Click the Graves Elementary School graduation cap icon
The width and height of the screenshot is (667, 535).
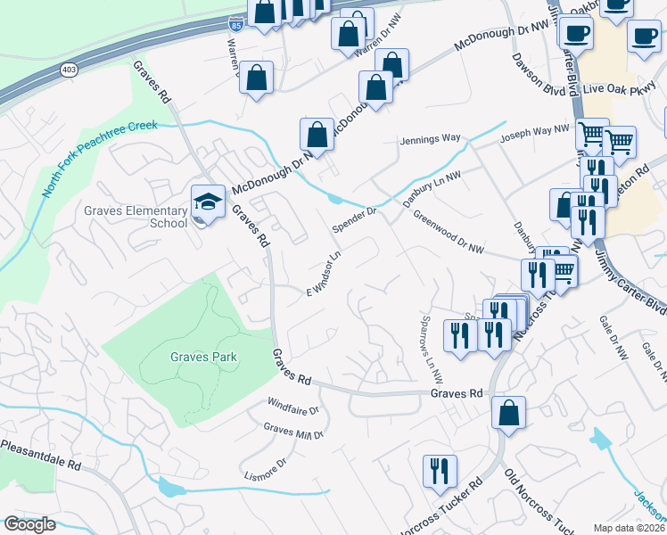coord(208,202)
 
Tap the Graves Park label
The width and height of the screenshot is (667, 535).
coord(204,357)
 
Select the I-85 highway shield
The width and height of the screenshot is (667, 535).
coord(235,23)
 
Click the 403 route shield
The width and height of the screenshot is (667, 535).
coord(69,68)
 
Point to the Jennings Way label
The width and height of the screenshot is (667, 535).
coord(430,139)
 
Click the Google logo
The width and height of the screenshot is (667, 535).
coord(29,524)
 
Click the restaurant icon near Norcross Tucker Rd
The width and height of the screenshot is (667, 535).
coord(439,471)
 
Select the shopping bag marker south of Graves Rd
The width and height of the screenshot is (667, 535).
coord(508,413)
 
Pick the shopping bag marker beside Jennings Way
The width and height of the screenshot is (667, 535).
coord(317,135)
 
